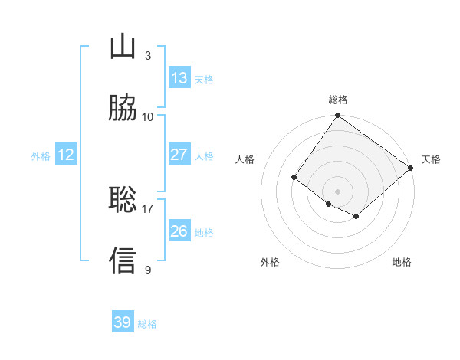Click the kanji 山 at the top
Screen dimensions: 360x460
(x=123, y=47)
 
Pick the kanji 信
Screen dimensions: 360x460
(x=123, y=260)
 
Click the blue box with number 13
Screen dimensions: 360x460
(x=179, y=78)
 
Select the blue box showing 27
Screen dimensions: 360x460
(x=179, y=155)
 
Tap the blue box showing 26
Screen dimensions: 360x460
(x=179, y=231)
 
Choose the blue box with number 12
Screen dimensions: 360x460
(x=66, y=155)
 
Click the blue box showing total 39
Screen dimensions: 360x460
(x=123, y=322)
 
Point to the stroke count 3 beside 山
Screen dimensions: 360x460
(x=147, y=56)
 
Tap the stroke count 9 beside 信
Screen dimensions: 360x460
(x=147, y=270)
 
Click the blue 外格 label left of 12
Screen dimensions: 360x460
(x=41, y=156)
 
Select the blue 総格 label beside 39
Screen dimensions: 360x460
(x=148, y=324)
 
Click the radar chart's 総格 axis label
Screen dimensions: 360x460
(x=338, y=100)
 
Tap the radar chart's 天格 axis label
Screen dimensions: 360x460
(x=431, y=159)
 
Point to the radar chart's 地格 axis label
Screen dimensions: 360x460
(x=402, y=262)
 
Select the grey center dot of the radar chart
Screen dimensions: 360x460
(x=337, y=191)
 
